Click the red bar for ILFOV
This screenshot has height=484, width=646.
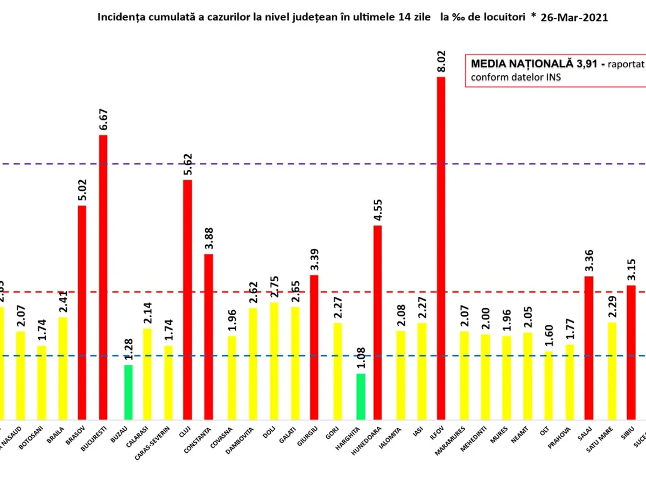[441, 247]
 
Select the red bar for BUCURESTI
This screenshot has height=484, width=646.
[103, 277]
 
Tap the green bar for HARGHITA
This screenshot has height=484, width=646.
[361, 396]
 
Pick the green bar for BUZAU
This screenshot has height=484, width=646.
[128, 392]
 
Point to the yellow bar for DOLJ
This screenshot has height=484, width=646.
[274, 361]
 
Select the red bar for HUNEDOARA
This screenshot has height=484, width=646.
[377, 322]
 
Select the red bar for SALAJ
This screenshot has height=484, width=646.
[589, 347]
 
